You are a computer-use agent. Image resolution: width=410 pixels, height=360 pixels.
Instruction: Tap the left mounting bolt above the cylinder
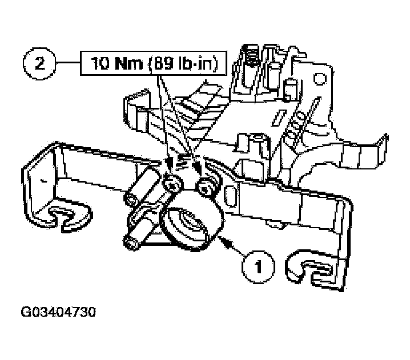173,184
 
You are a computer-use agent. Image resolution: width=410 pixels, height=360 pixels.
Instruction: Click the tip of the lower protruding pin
131,242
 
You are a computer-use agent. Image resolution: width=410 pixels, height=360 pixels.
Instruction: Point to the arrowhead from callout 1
227,242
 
